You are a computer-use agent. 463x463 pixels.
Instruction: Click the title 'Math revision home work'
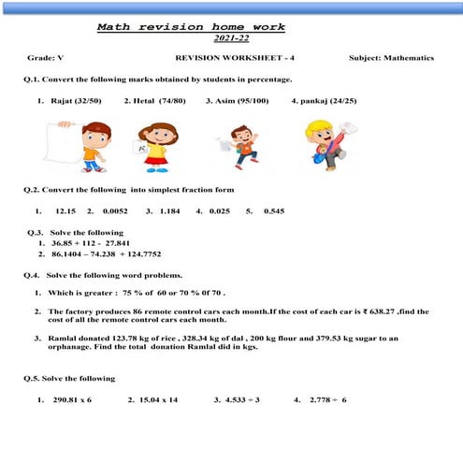coord(191,28)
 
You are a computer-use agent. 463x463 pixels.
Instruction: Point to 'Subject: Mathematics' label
coord(391,58)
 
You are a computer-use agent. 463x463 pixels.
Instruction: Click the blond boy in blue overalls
coord(324,145)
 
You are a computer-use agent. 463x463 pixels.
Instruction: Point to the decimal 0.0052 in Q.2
coord(113,211)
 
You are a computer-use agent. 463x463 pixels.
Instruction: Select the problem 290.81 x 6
coord(72,399)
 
